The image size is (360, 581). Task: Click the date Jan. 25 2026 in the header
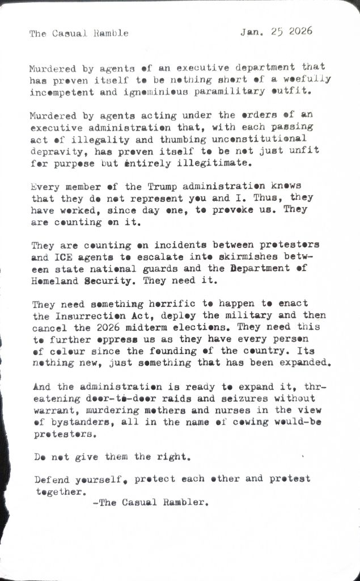point(276,32)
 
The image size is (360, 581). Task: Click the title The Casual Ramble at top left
point(79,33)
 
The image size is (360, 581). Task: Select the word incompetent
point(58,91)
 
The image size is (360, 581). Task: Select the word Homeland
point(56,280)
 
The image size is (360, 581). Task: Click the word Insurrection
point(90,315)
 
